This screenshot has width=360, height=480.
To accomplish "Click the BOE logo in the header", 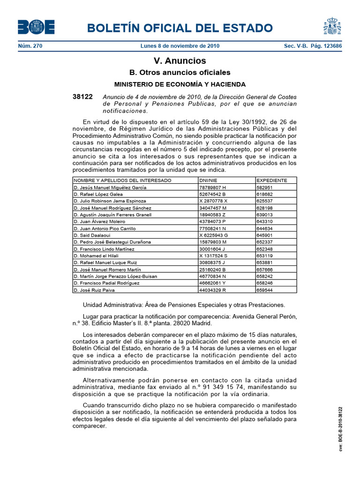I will point(36,27).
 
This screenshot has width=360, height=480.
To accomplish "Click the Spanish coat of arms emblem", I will point(332,26).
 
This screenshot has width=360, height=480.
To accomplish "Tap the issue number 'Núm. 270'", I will point(30,46).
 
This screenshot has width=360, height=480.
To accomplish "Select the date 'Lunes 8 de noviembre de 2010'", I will point(180,46).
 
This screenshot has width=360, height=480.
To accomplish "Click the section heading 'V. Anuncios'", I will point(180,61).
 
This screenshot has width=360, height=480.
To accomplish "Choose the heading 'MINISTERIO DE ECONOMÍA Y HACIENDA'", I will point(180,84).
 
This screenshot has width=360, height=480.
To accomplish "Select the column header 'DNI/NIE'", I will point(209,180).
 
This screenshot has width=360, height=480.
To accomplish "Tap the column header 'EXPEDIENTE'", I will point(271,180).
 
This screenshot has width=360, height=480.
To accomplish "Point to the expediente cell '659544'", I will point(264,290).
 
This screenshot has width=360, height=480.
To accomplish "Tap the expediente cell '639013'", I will point(264,215).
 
